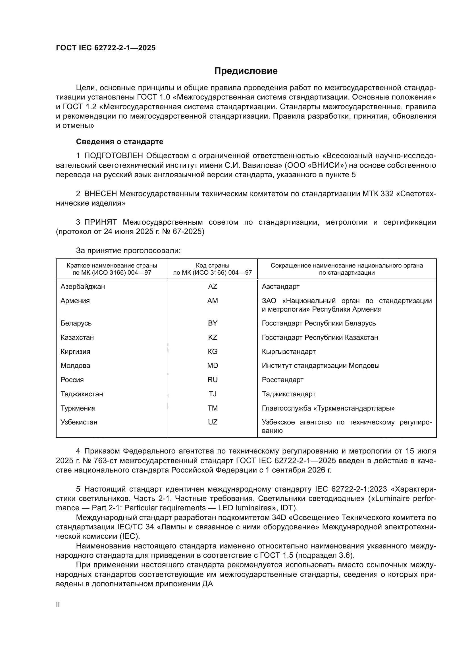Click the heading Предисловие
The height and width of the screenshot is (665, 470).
[246, 71]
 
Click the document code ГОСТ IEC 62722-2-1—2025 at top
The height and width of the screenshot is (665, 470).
[106, 48]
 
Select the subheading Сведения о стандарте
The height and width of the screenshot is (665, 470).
[120, 142]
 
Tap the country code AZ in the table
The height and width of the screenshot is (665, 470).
[213, 287]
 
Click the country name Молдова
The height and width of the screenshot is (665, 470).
[75, 366]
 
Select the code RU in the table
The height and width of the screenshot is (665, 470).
[213, 380]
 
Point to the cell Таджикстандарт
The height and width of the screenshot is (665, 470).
[288, 394]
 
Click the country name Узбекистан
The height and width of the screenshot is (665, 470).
[79, 422]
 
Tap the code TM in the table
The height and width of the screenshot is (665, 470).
[213, 408]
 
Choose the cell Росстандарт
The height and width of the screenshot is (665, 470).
[282, 380]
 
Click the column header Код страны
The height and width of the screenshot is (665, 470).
[213, 266]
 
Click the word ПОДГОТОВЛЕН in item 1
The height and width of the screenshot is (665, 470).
[114, 156]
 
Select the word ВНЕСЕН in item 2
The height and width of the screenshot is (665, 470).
[101, 194]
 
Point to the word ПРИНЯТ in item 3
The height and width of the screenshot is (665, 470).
[101, 222]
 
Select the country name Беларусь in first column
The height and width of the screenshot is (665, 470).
[76, 323]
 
